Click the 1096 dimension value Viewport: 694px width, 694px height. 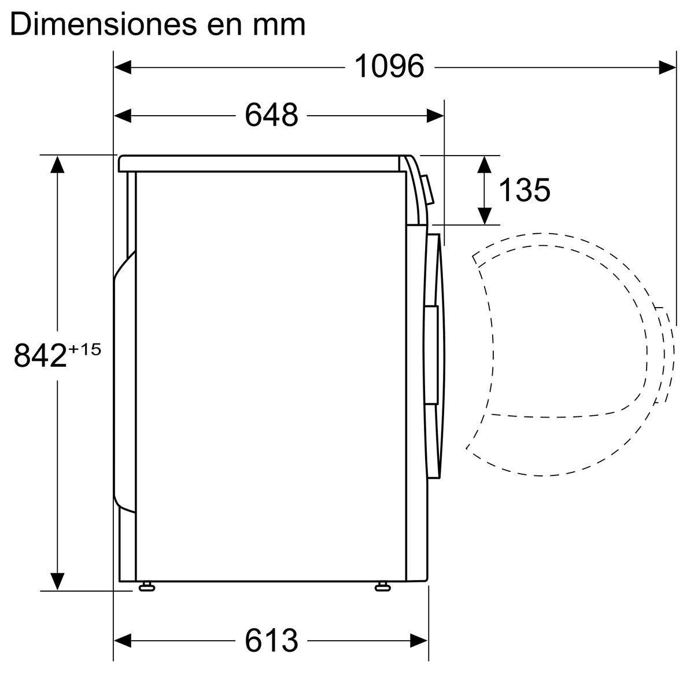(x=389, y=67)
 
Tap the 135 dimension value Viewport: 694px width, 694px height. (x=523, y=190)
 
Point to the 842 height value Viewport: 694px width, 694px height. (x=40, y=355)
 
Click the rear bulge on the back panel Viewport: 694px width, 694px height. (x=123, y=382)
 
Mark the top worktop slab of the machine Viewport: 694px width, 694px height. (x=260, y=163)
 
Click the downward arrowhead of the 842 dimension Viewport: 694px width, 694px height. (x=57, y=581)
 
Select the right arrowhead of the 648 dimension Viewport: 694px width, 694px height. (x=435, y=115)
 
